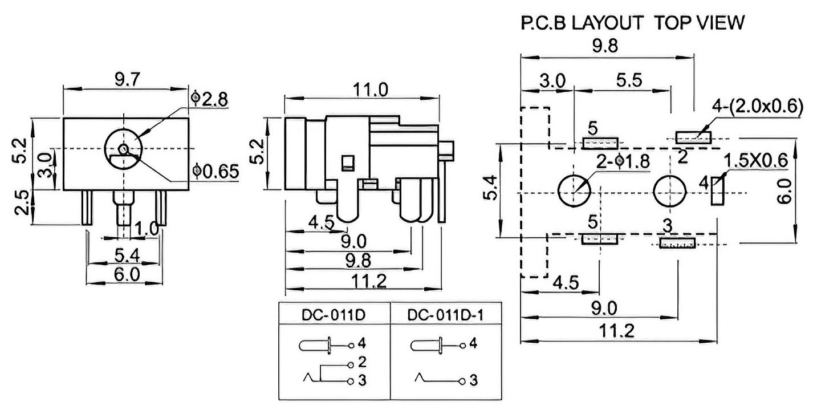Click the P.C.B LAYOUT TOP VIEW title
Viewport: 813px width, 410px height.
coord(632,22)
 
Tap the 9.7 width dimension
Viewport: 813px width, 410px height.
coord(127,79)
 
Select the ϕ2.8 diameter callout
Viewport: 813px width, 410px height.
coord(210,99)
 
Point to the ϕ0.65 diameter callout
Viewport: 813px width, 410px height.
coord(216,172)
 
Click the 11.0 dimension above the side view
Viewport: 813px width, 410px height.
coord(370,90)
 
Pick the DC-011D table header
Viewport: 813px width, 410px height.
coord(334,315)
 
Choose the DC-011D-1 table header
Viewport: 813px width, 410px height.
coord(446,315)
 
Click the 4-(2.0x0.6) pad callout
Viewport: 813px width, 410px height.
coord(757,107)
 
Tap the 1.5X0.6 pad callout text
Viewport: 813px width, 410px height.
coord(755,160)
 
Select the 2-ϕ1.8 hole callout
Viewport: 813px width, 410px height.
coord(623,161)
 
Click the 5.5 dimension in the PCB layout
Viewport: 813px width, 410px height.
coord(629,80)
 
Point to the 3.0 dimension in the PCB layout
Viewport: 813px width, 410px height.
coord(552,80)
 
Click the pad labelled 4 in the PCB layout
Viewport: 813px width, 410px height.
coord(717,191)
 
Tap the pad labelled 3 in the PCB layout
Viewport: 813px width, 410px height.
coord(677,243)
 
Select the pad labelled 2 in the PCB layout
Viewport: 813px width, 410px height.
coord(693,137)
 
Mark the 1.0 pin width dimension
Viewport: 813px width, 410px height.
coord(147,229)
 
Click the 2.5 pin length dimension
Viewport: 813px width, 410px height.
coord(22,202)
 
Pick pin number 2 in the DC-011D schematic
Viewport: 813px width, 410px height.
coord(362,362)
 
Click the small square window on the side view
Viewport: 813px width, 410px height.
coord(348,163)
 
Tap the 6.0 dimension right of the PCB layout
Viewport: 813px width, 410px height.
coord(784,191)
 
